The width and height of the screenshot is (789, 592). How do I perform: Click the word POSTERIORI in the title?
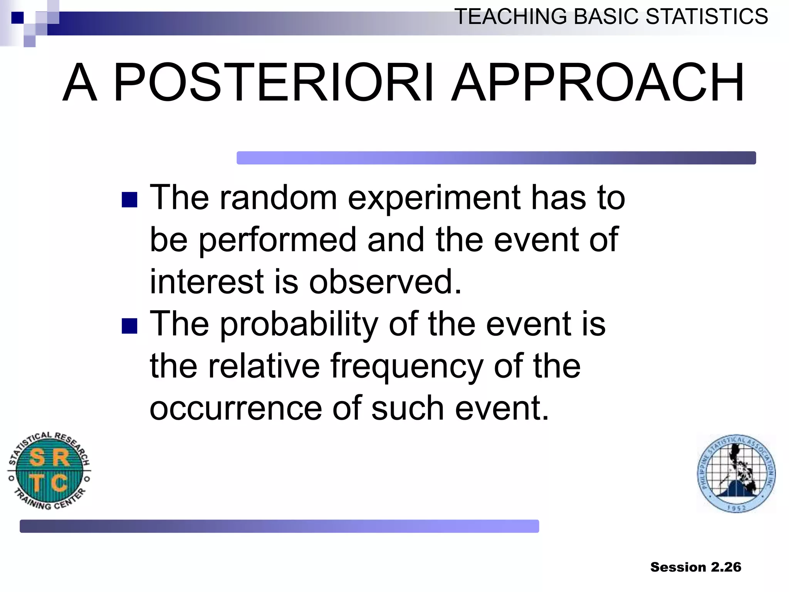tap(274, 83)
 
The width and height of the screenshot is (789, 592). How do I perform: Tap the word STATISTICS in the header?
tap(707, 17)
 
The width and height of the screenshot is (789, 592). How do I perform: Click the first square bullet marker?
tap(129, 200)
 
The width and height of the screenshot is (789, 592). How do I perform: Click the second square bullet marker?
tap(129, 326)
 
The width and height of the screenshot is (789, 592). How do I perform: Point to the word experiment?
tap(434, 198)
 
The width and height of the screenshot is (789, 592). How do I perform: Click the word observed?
tap(385, 282)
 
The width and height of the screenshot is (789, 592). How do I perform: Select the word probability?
tap(299, 325)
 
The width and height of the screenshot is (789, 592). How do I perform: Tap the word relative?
tap(264, 366)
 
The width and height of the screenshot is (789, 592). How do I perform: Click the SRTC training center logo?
tap(49, 471)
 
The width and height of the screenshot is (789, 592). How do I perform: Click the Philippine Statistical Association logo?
tap(736, 474)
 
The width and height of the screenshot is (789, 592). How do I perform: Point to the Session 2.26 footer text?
tap(695, 567)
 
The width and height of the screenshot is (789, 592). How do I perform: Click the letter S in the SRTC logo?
tap(37, 458)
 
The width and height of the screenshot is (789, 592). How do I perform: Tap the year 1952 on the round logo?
tap(737, 508)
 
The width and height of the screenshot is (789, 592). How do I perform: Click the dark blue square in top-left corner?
tap(17, 18)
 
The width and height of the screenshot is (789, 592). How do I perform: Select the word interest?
tap(206, 282)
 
